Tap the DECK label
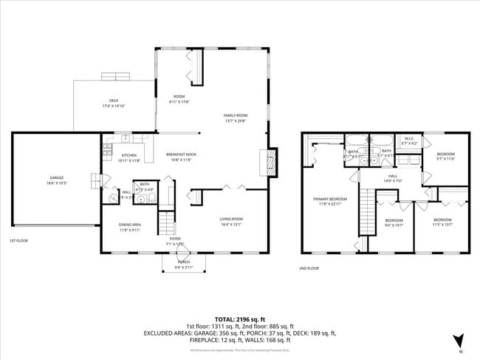114,101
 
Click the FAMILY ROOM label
236,115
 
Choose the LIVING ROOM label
231,219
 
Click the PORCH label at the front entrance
183,262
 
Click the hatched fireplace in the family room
270,161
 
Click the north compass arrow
458,341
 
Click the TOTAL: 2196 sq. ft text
239,318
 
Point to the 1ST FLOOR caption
18,241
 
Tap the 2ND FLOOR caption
309,268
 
